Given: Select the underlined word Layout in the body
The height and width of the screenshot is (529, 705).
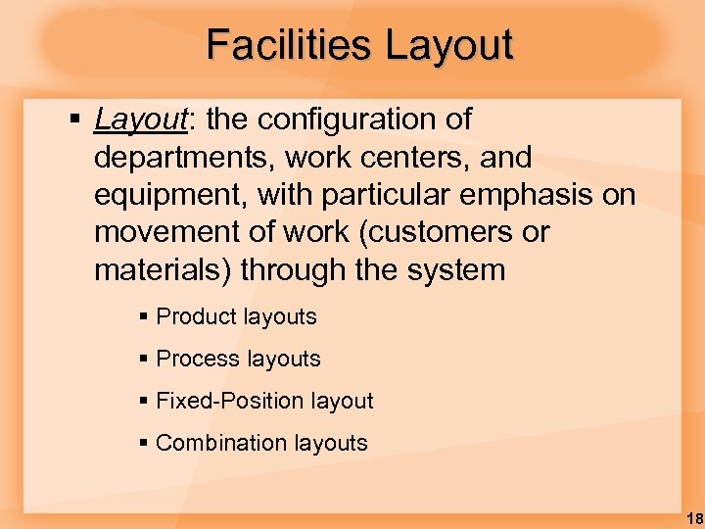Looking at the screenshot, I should [140, 120].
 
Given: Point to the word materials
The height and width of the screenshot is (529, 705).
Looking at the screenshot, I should [162, 270].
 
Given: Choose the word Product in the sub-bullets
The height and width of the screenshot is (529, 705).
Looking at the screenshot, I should [192, 316].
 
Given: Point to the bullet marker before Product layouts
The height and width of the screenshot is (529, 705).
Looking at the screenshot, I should [144, 317].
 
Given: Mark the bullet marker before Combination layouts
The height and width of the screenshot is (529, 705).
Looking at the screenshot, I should [144, 444].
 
